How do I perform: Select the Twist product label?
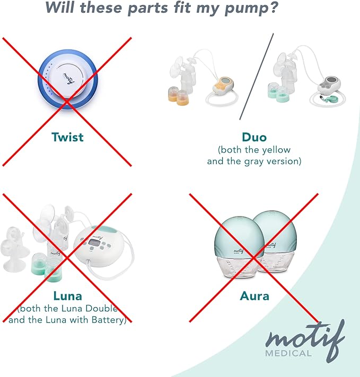67,137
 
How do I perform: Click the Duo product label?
253,137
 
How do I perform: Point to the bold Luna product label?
67,295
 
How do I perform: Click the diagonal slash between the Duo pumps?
256,76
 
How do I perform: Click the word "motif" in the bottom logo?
304,338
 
